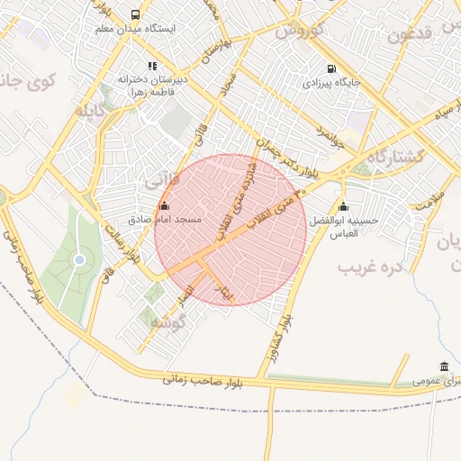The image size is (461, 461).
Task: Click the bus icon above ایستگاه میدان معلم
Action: click(x=135, y=14)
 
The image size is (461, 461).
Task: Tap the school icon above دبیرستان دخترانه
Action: click(x=152, y=66)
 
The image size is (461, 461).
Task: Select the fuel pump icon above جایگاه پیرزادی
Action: click(x=332, y=69)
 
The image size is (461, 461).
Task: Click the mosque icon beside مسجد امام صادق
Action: click(x=164, y=205)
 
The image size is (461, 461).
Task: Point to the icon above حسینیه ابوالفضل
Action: click(x=342, y=206)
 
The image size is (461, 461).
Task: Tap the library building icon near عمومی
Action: click(x=444, y=366)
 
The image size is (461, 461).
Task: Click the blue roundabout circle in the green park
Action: click(x=79, y=259)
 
